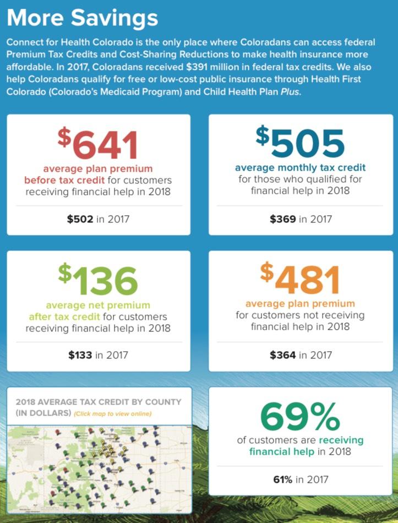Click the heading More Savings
click(83, 18)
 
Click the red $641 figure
click(98, 144)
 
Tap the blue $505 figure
click(300, 142)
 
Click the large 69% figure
click(300, 417)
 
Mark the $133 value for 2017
click(80, 355)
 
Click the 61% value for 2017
click(283, 480)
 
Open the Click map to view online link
click(112, 413)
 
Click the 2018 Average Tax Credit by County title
click(99, 402)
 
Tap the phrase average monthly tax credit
click(300, 167)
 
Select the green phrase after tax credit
click(64, 317)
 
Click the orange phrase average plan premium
click(300, 303)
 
